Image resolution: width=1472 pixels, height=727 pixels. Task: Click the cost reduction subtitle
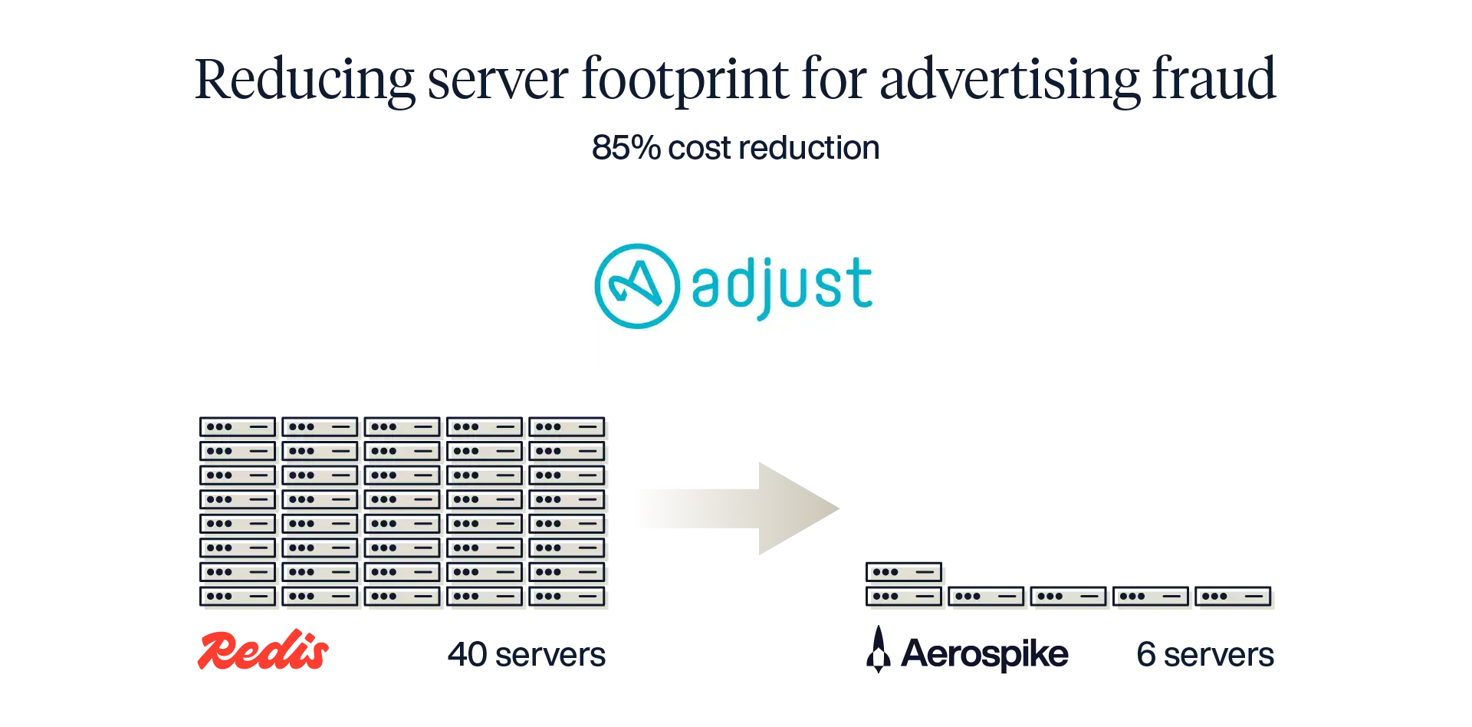tap(735, 146)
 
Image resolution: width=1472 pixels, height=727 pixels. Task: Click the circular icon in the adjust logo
tap(637, 285)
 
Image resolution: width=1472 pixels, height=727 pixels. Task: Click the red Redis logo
tap(263, 653)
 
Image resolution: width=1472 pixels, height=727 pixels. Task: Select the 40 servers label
tap(527, 654)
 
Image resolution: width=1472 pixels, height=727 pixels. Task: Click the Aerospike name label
tap(984, 654)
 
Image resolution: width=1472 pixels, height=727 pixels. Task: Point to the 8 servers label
tap(1204, 654)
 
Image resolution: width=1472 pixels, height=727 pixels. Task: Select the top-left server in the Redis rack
tap(239, 427)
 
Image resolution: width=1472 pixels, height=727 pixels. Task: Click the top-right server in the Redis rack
tap(569, 427)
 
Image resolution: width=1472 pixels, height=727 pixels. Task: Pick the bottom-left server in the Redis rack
tap(239, 596)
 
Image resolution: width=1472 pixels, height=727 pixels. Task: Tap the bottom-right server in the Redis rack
tap(569, 596)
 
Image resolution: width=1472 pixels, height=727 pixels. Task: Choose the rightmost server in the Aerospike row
tap(1234, 596)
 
